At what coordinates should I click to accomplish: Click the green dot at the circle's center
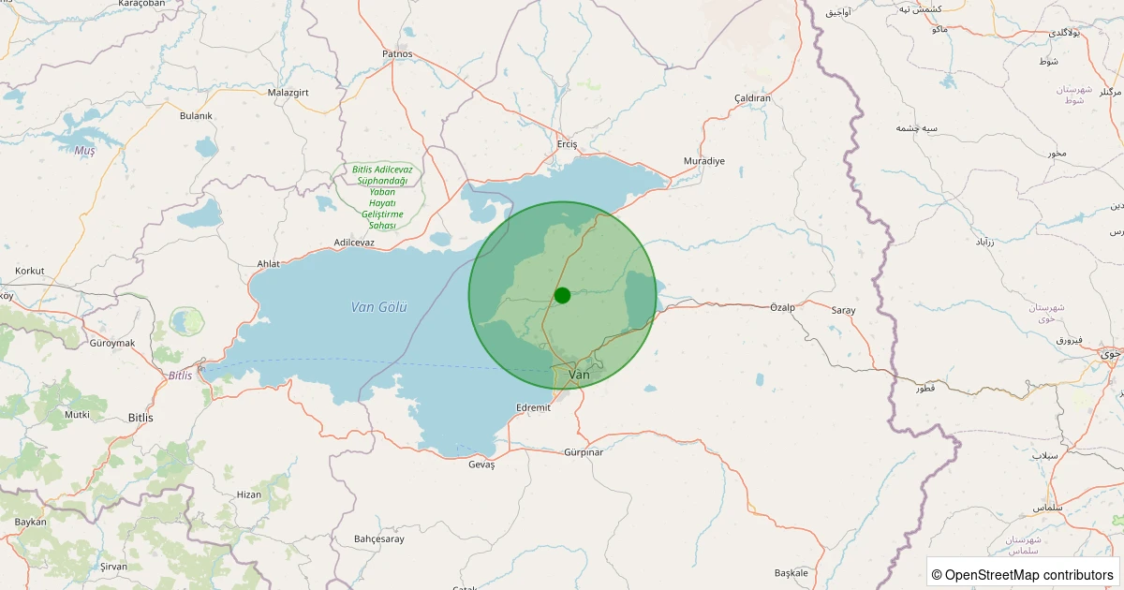562,295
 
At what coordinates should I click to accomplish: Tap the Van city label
580,375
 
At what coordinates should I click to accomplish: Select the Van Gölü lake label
378,306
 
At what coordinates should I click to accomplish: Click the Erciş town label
568,144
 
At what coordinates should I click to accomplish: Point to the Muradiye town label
704,161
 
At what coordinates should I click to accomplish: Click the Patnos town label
397,54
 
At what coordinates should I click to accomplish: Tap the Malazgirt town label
288,93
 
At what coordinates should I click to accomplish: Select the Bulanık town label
196,116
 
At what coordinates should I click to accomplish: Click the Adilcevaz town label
354,243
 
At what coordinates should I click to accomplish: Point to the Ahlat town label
268,264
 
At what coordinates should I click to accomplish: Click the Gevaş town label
481,465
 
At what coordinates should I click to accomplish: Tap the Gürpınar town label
584,452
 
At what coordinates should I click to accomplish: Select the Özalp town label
782,307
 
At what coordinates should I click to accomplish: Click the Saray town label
843,310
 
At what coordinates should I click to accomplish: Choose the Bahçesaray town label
379,538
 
